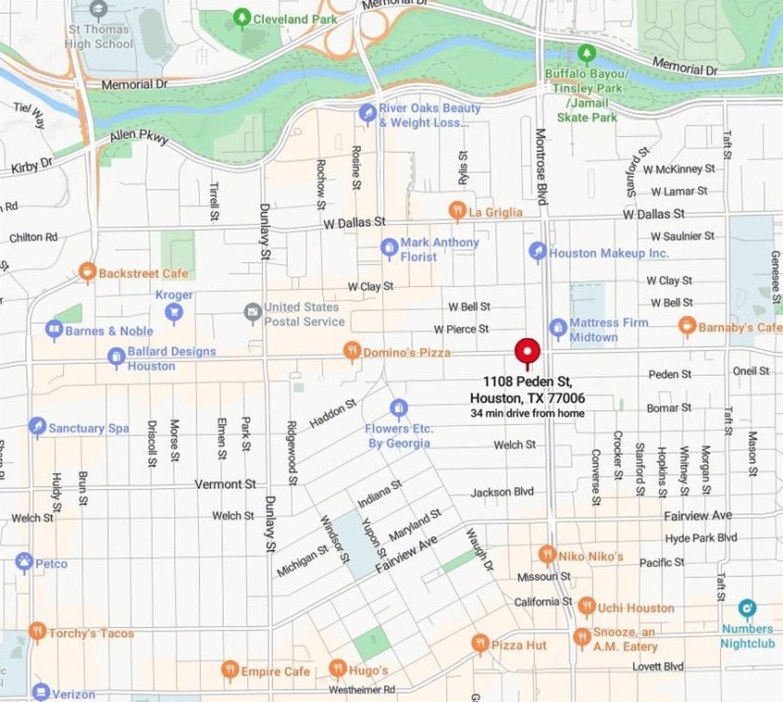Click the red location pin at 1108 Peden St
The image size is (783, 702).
[527, 352]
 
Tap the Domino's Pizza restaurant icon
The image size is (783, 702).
[351, 350]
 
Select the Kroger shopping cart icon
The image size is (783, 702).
[173, 312]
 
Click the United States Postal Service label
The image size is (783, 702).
[304, 314]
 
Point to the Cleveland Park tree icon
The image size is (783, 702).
[242, 17]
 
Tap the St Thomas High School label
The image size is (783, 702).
[98, 37]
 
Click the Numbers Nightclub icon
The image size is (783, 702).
[747, 608]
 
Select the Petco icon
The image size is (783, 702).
[24, 562]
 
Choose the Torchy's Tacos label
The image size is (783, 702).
[91, 633]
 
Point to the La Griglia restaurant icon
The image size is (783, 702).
[456, 210]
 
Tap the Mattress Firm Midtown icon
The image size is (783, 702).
[557, 327]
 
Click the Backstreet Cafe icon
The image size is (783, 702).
[87, 271]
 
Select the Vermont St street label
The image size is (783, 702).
[225, 484]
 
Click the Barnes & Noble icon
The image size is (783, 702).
[54, 329]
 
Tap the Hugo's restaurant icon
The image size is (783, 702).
[338, 669]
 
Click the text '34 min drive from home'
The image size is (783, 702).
[528, 413]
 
